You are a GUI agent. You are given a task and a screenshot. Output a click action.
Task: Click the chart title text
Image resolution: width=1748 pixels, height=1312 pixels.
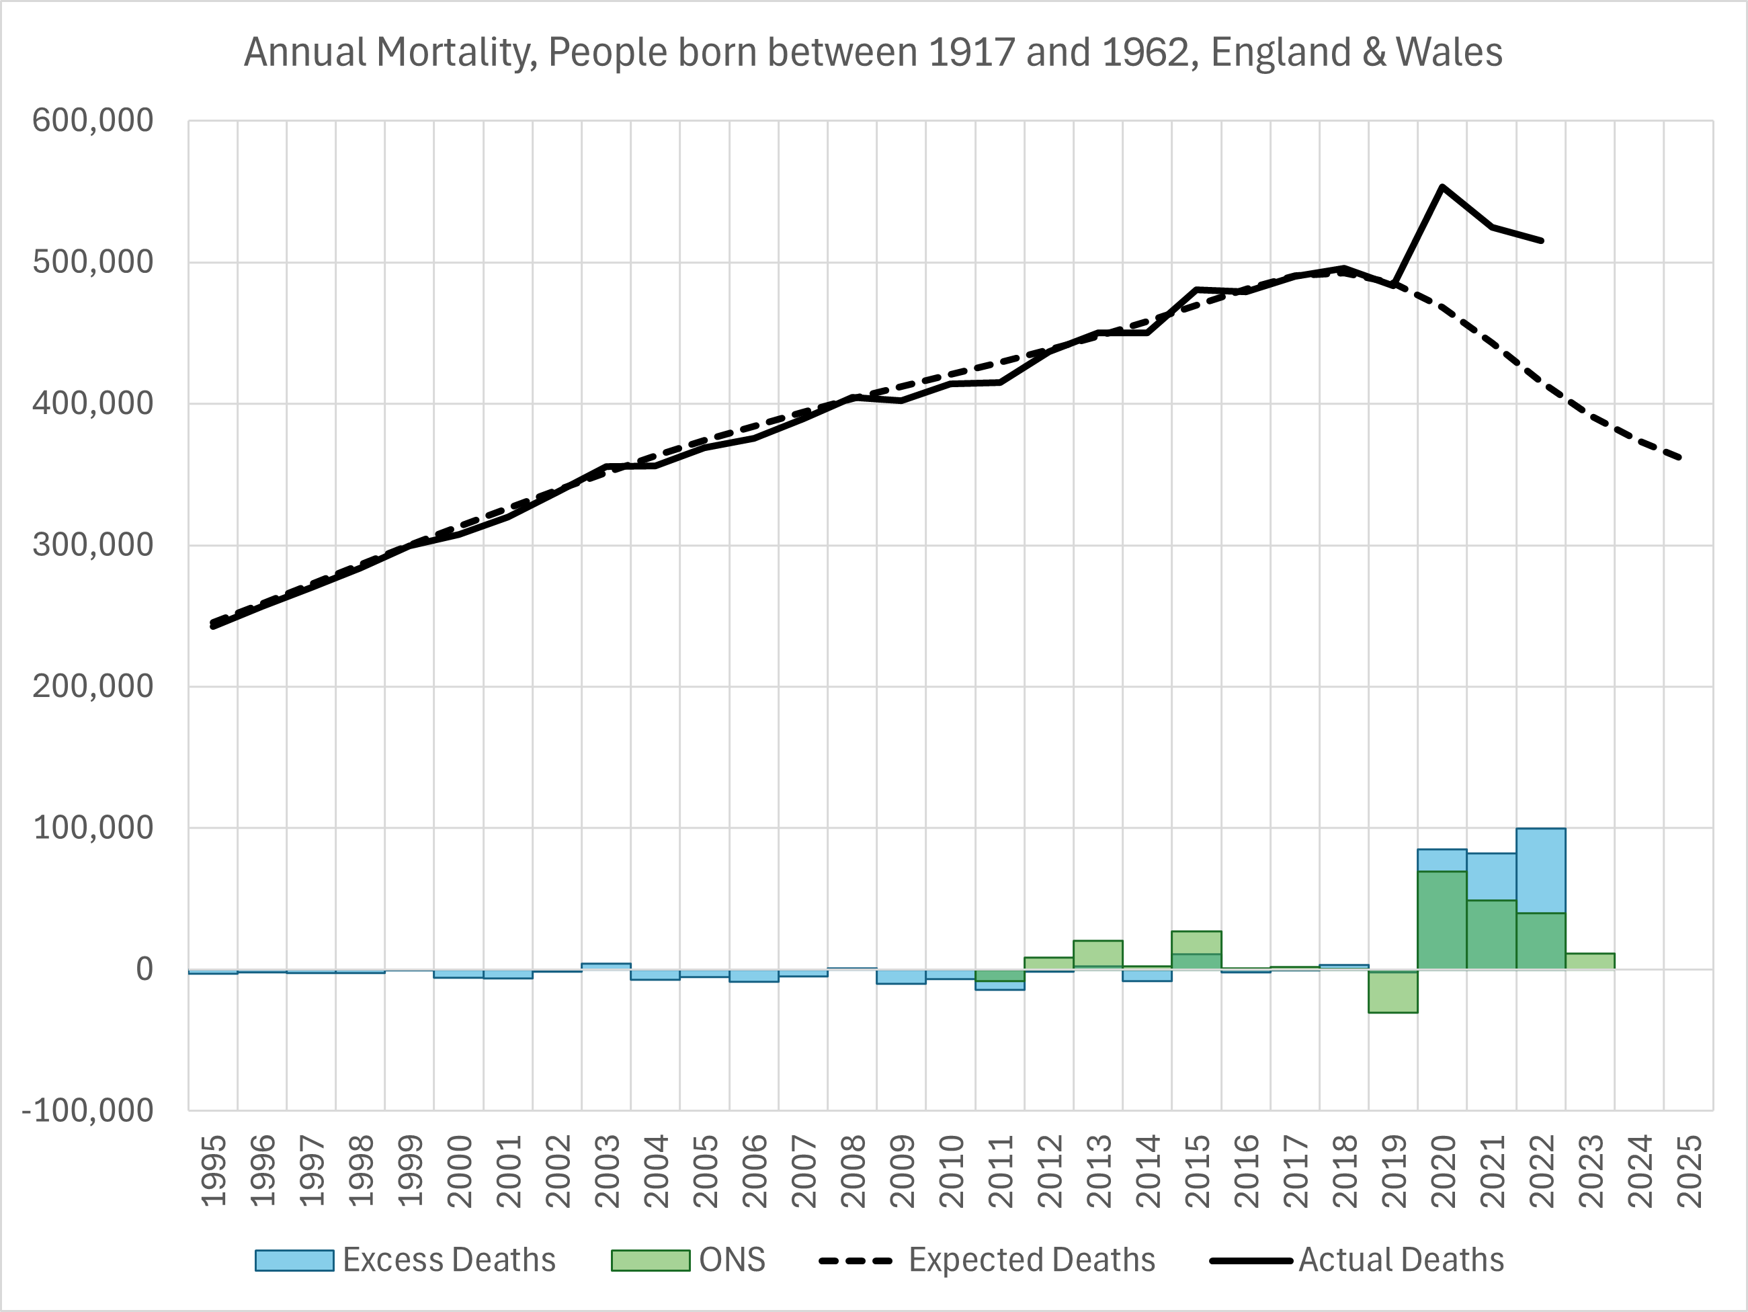(x=872, y=53)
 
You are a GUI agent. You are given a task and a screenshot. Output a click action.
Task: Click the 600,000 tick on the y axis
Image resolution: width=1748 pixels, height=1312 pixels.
(x=93, y=121)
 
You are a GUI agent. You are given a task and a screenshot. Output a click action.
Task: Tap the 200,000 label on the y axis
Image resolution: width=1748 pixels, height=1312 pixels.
(x=93, y=686)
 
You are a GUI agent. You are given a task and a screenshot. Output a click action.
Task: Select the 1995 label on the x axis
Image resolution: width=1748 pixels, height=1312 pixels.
(x=213, y=1172)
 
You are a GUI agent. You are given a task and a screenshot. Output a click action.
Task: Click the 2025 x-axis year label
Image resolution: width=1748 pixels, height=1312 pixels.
(x=1689, y=1172)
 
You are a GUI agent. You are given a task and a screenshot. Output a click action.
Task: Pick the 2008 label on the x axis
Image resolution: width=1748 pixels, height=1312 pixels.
(x=853, y=1172)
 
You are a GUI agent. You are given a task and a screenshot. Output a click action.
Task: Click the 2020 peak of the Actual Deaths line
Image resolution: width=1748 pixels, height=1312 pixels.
(x=1442, y=188)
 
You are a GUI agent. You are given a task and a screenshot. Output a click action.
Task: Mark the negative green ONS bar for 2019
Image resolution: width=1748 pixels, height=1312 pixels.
(x=1392, y=992)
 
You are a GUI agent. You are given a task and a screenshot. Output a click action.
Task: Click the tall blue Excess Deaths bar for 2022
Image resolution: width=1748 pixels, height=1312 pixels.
(x=1540, y=869)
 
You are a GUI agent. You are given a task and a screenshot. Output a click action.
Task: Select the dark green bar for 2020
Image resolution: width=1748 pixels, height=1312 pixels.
(x=1442, y=921)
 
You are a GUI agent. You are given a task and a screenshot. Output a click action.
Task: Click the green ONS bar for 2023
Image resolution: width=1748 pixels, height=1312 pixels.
(x=1589, y=961)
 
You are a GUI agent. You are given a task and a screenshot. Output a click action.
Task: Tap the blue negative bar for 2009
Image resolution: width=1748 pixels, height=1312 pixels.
(x=901, y=977)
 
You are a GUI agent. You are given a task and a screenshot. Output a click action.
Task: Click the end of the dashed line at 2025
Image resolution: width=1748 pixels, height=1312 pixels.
(x=1680, y=458)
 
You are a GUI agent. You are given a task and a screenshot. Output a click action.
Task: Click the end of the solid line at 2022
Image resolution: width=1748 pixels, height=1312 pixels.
(x=1541, y=240)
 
